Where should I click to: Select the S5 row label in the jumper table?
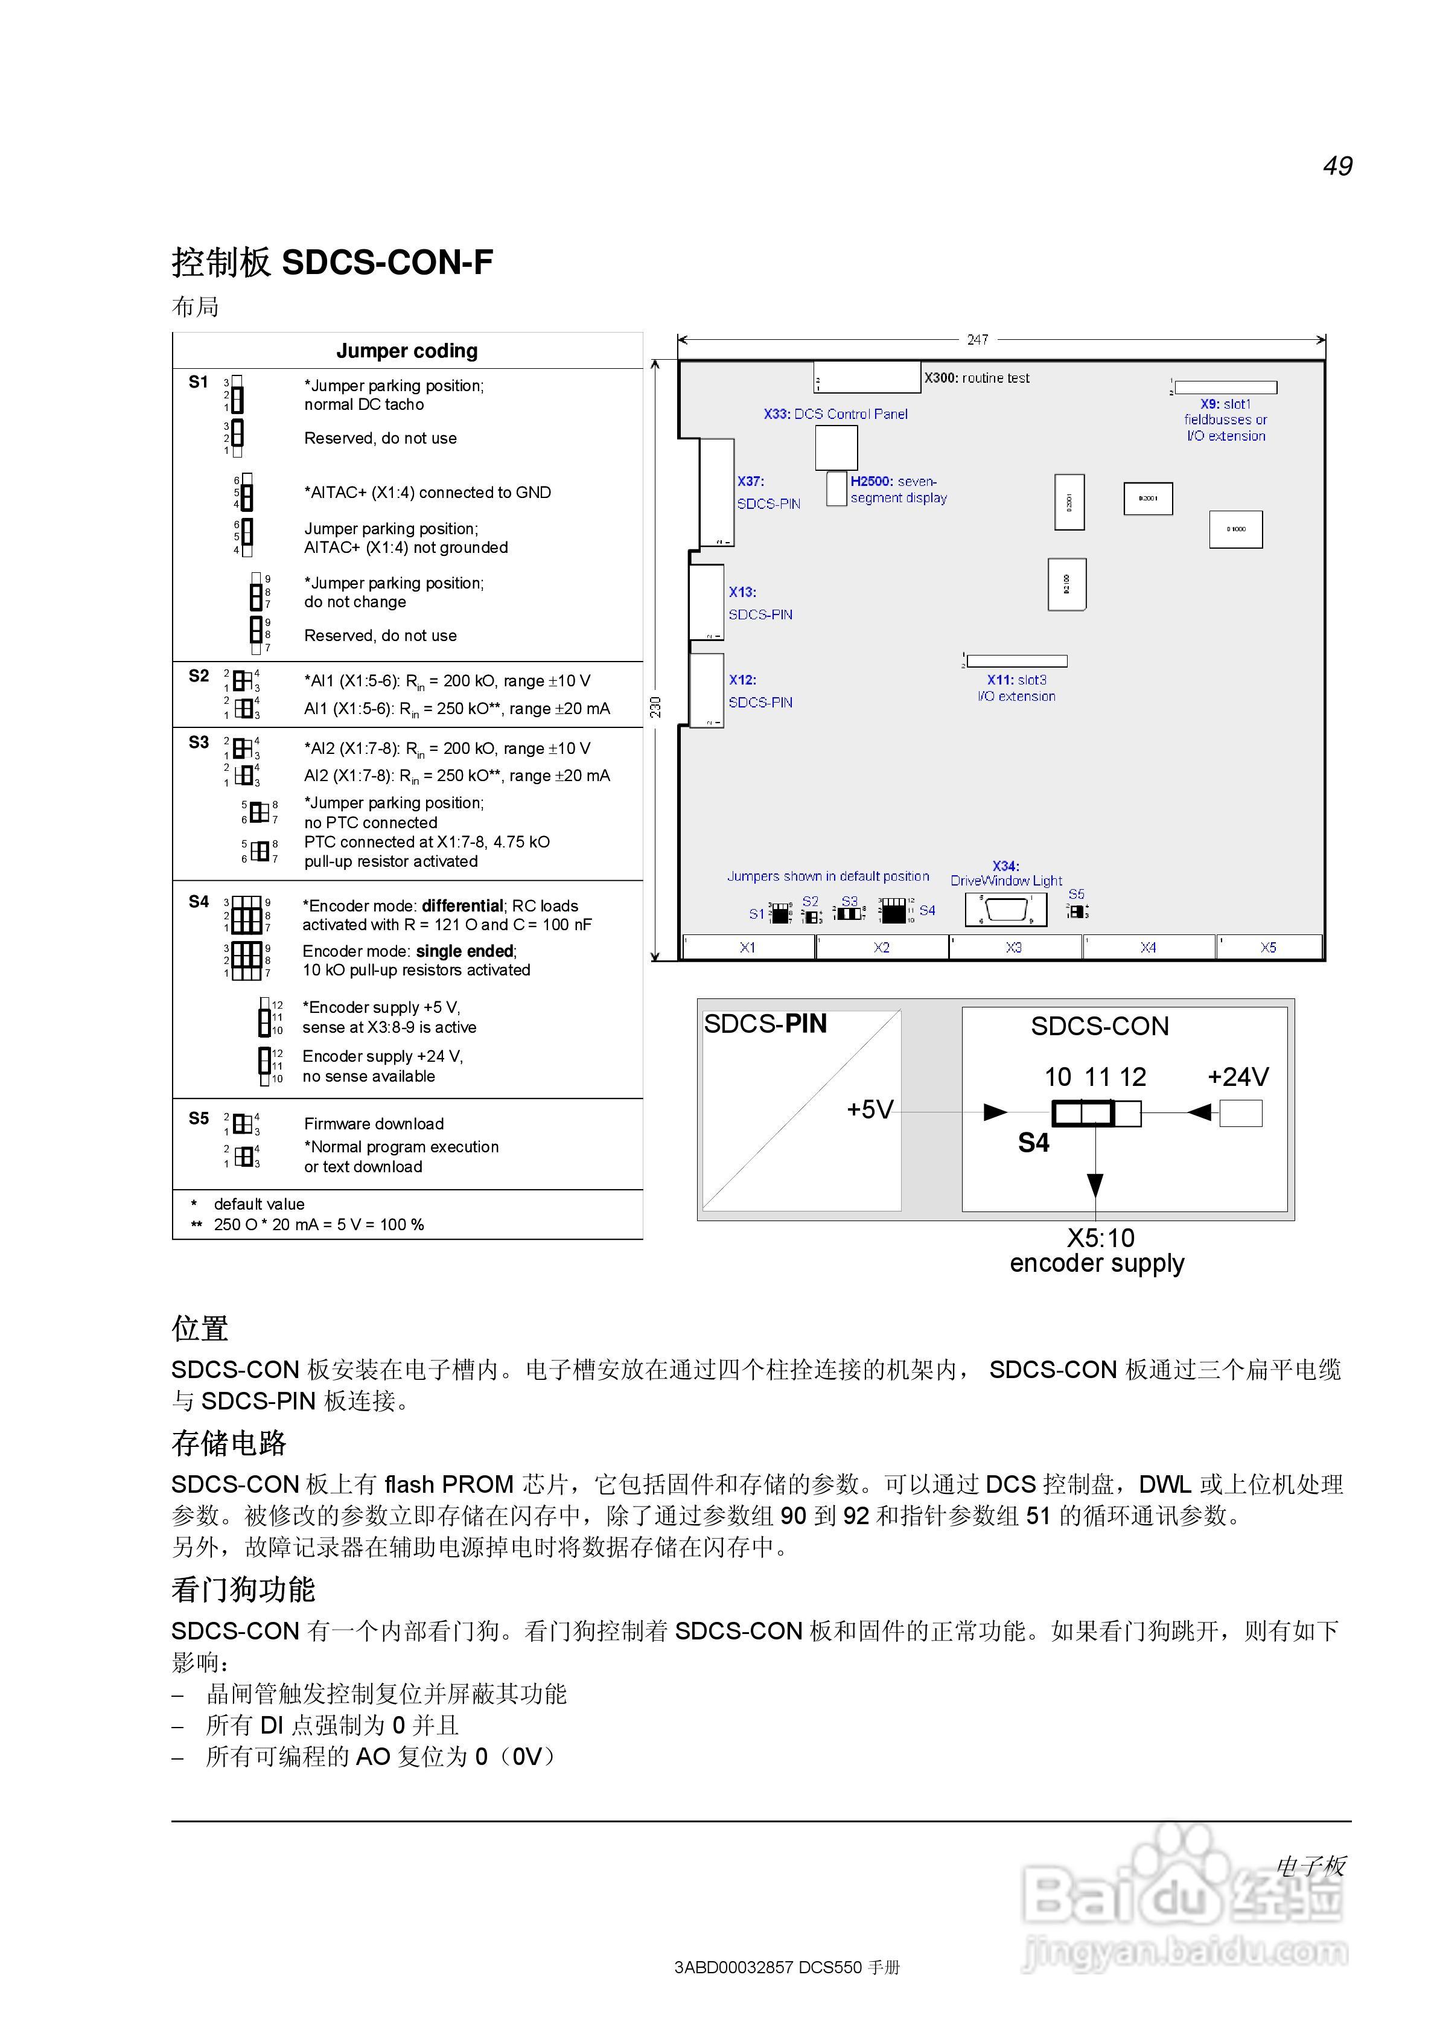click(x=199, y=1119)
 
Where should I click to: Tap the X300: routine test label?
click(x=977, y=378)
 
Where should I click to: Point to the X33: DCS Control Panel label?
click(x=835, y=413)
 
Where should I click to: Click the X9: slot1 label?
click(x=1225, y=404)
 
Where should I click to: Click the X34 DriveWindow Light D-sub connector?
click(x=1005, y=910)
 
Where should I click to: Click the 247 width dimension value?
click(x=978, y=339)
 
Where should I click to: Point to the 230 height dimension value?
click(x=656, y=707)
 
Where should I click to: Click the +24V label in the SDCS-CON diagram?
click(x=1238, y=1077)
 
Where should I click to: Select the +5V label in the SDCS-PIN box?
click(x=870, y=1109)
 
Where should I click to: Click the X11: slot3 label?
click(x=1016, y=680)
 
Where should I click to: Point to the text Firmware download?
click(x=374, y=1123)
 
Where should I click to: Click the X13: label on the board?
click(x=742, y=592)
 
